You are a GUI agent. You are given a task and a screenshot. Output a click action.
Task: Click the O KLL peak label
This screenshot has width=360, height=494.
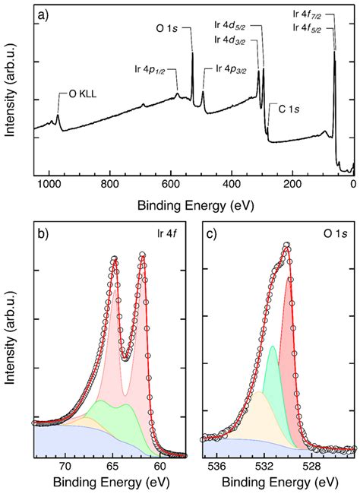coord(79,95)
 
